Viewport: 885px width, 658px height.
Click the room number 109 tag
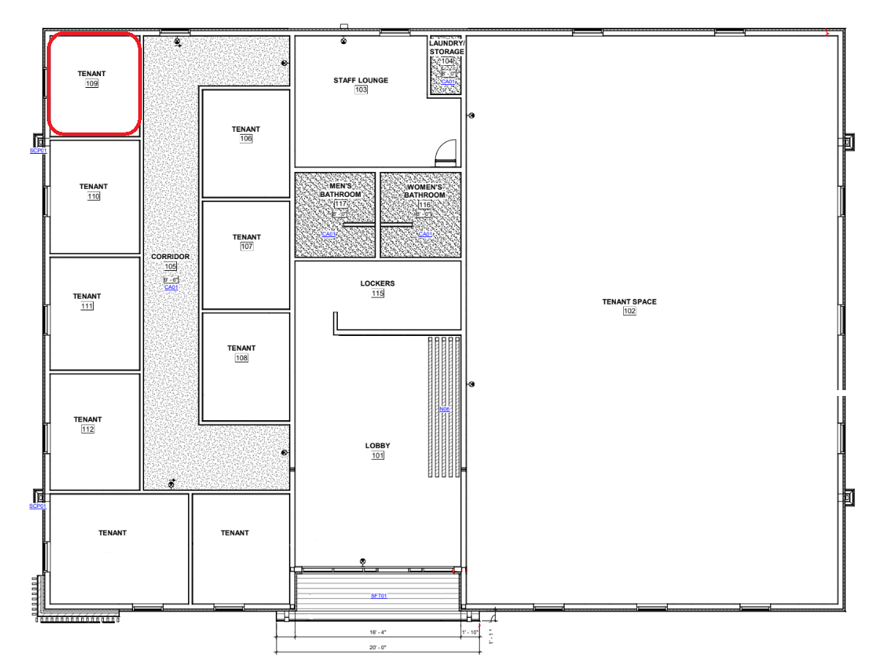point(92,84)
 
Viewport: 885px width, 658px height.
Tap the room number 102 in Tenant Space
point(630,311)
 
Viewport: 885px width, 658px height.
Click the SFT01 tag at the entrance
point(378,596)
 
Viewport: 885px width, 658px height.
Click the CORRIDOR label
point(170,257)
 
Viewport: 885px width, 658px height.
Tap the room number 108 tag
point(241,358)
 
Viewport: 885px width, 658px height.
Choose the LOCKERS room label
point(377,283)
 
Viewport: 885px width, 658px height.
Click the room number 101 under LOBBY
point(377,455)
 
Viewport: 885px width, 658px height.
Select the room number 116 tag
point(424,205)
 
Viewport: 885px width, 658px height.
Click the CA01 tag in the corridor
point(171,288)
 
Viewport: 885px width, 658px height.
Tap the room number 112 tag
point(88,430)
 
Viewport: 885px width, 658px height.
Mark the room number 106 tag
point(246,139)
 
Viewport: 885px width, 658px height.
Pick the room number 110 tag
point(94,197)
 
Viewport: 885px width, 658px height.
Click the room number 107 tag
point(246,247)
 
